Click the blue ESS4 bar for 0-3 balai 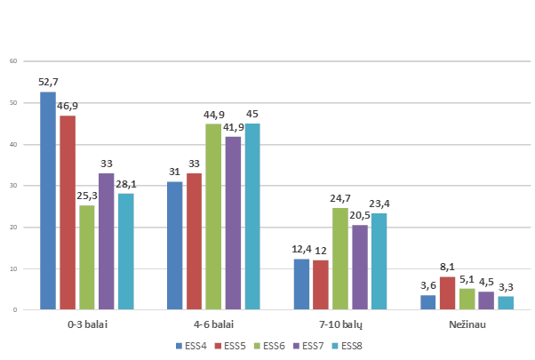coord(48,200)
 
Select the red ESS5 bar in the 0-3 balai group coord(68,212)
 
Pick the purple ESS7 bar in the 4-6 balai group coord(233,222)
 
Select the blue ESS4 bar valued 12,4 coord(302,284)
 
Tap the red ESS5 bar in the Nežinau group coord(447,292)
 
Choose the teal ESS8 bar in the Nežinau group coord(506,302)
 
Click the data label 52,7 coord(48,83)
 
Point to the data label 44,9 coord(213,116)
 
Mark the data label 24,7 coord(340,199)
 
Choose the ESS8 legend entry coord(347,345)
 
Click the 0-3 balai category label coord(86,325)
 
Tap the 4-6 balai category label coord(213,325)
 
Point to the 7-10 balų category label coord(340,325)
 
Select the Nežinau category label coord(467,325)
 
